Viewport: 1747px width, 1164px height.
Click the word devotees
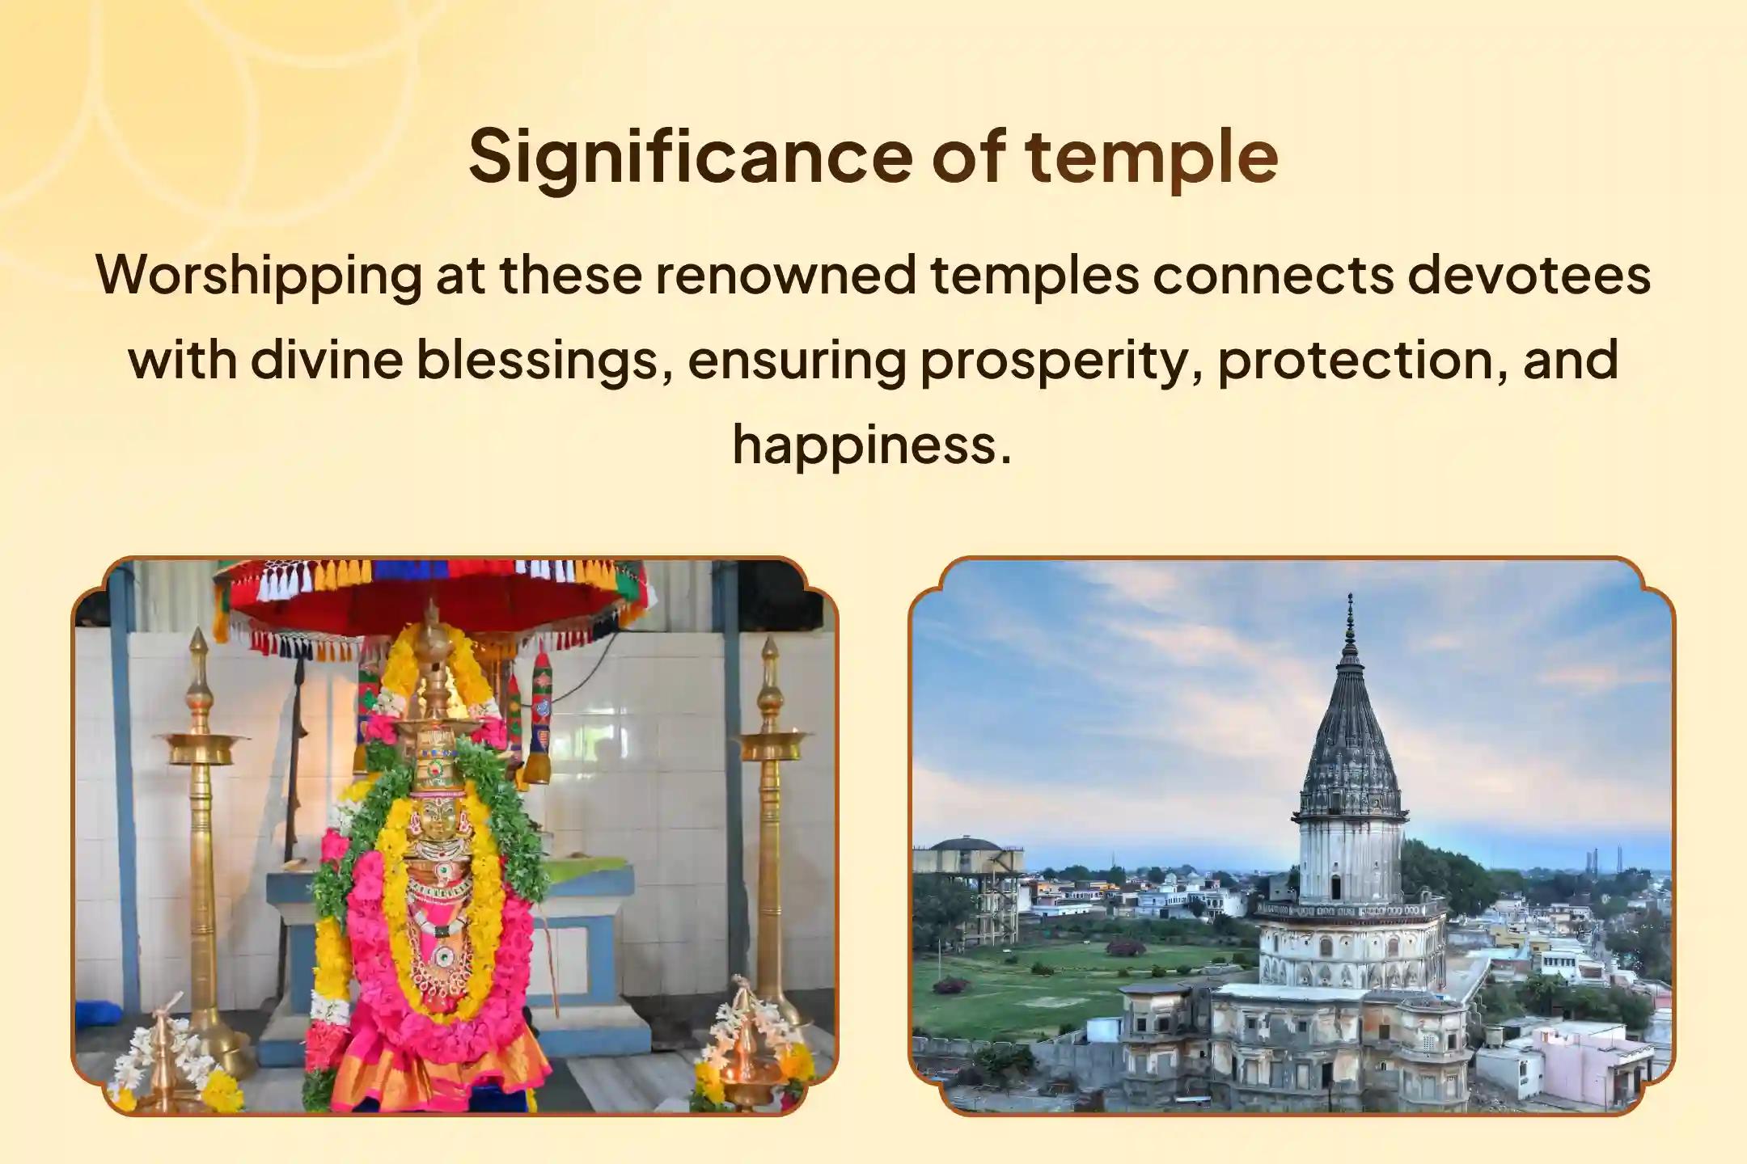coord(1529,274)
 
